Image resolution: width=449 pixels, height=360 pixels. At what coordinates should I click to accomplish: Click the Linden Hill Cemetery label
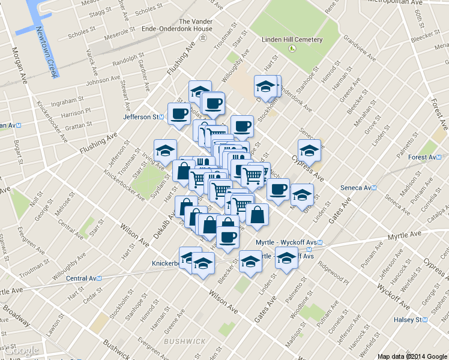[x=292, y=40]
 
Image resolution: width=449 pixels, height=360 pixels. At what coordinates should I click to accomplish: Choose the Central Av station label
[x=83, y=278]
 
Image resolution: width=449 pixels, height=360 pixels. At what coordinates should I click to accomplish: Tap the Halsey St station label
[x=411, y=320]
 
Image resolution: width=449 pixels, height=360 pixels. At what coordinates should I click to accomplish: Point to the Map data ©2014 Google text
[x=412, y=356]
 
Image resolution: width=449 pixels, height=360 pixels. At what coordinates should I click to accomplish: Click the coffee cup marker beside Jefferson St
[x=179, y=113]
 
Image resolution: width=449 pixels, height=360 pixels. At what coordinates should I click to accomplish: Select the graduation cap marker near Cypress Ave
[x=309, y=150]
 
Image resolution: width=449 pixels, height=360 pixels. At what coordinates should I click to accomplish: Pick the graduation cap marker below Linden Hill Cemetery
[x=265, y=86]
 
